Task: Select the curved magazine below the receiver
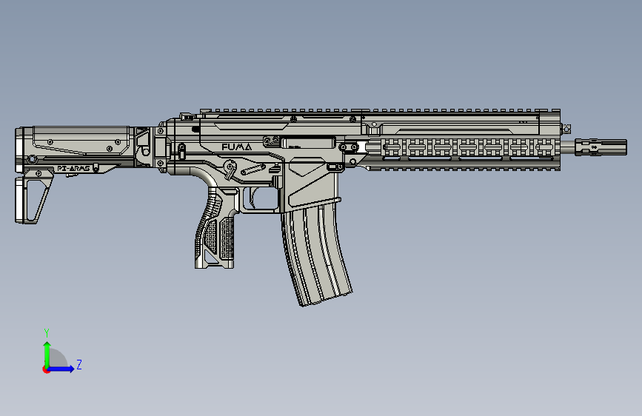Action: [x=317, y=252]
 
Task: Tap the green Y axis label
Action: [x=46, y=332]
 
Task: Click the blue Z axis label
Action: [x=78, y=365]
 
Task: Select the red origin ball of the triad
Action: [x=47, y=369]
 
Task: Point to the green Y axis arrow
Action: [x=47, y=351]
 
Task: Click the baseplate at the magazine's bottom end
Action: [x=326, y=300]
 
